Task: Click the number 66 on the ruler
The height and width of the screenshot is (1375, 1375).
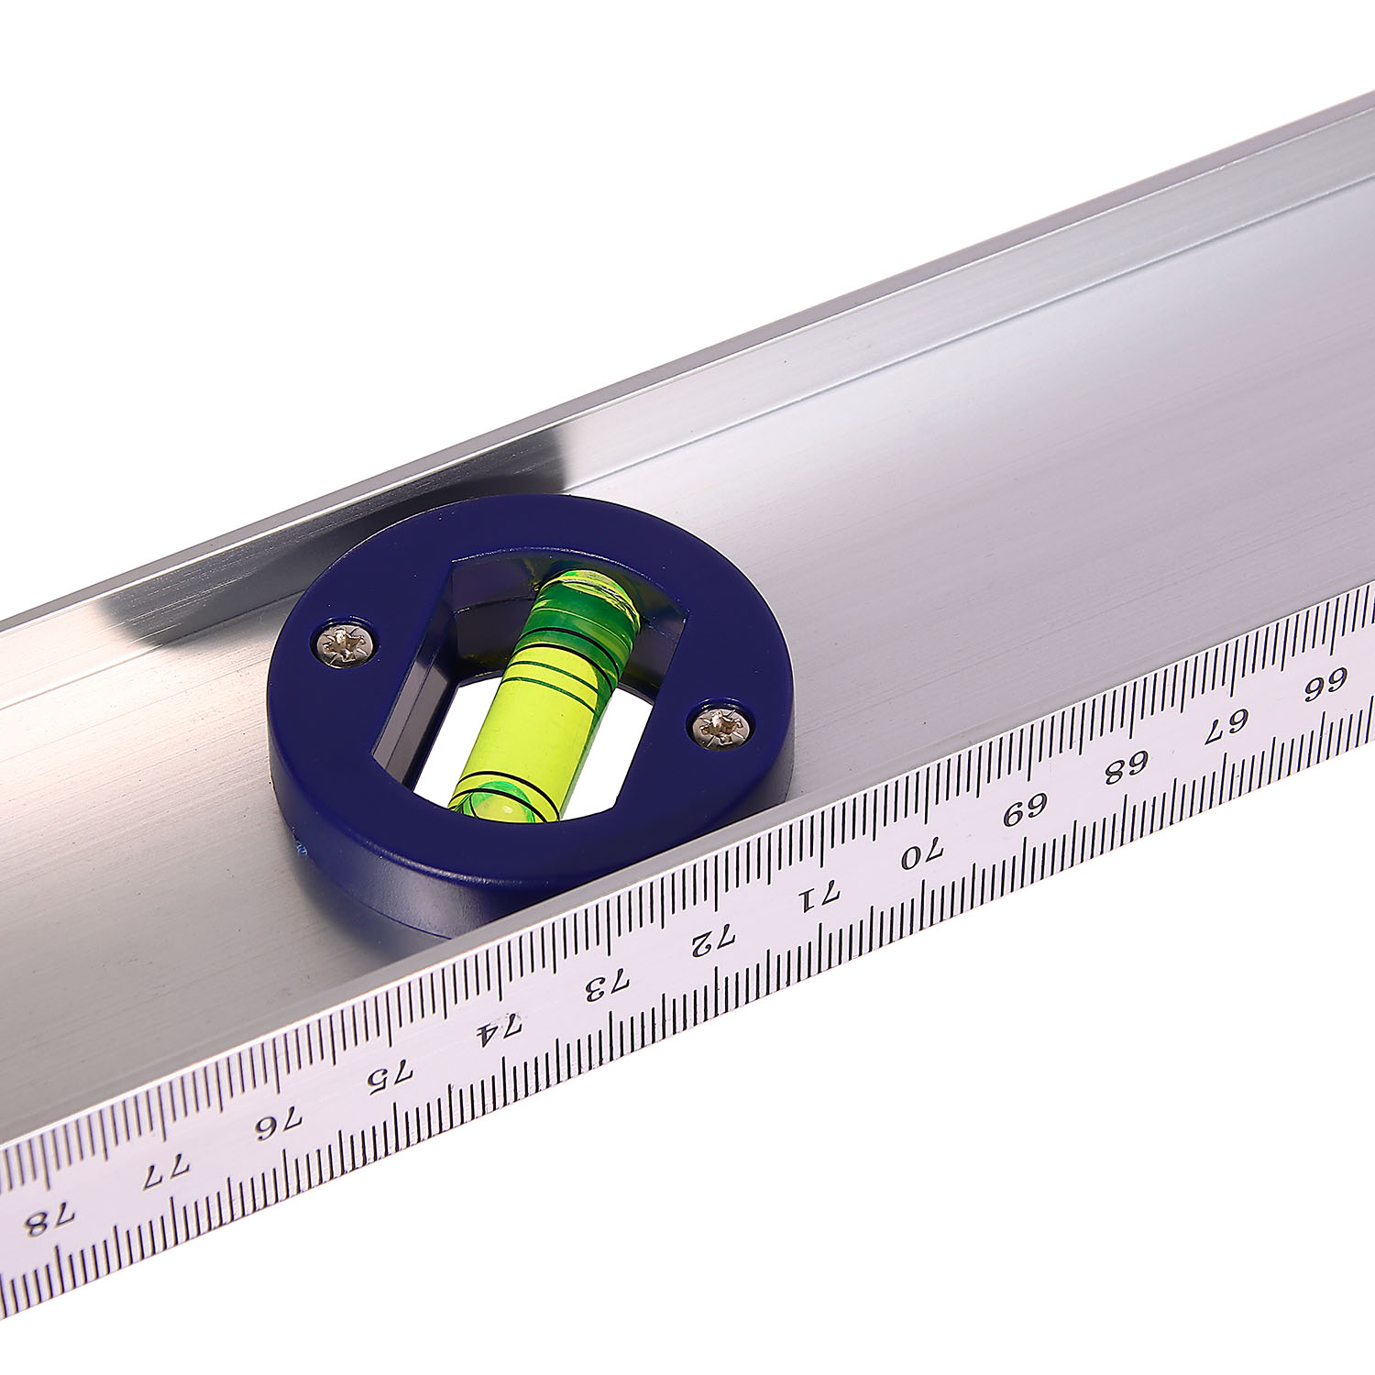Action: point(1324,684)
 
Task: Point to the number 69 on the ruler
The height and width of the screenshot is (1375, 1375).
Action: point(1026,809)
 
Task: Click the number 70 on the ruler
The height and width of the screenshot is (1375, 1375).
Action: point(921,854)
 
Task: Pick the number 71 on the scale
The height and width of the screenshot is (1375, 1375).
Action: point(817,898)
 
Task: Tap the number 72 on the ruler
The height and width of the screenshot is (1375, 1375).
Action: point(713,941)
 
